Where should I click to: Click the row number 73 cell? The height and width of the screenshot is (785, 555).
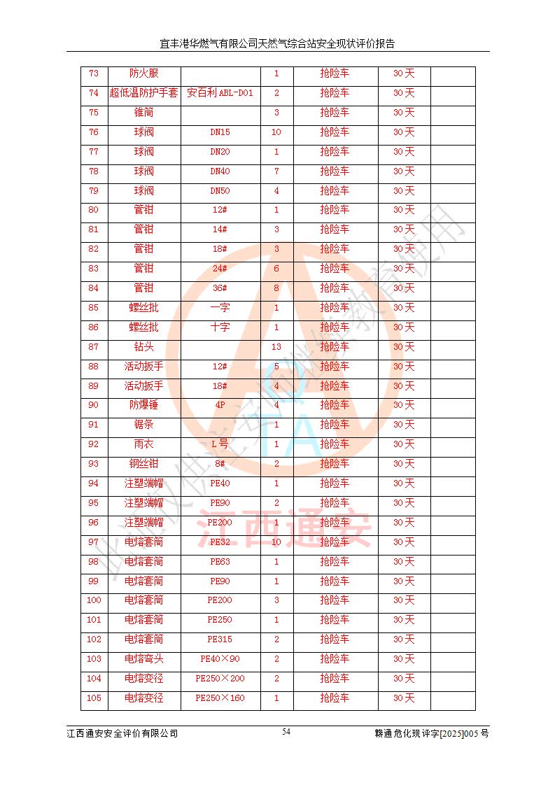tap(94, 73)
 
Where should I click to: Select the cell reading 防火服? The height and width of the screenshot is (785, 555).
tap(143, 73)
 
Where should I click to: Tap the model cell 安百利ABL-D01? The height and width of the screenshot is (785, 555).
tap(220, 93)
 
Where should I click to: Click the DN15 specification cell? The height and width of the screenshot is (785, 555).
tap(220, 132)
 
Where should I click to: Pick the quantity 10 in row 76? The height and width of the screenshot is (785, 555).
tap(276, 132)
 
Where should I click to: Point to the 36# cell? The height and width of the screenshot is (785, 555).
tap(220, 288)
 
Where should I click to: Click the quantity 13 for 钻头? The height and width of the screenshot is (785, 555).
tap(276, 347)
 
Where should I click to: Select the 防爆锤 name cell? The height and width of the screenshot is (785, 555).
tap(143, 405)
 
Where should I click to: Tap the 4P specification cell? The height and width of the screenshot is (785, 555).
tap(220, 405)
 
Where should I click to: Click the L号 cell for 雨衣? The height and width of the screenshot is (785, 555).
tap(220, 444)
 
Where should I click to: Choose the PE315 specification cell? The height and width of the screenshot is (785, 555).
tap(220, 639)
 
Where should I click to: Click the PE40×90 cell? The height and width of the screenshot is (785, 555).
tap(220, 659)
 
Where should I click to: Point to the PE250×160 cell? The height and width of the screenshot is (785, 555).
tap(220, 698)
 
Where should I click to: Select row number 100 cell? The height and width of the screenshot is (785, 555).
tap(94, 600)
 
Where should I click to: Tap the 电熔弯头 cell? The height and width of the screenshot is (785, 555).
tap(143, 659)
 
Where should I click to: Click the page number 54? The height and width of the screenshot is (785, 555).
tap(287, 732)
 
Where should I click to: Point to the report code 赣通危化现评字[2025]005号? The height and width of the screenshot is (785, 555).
tap(431, 733)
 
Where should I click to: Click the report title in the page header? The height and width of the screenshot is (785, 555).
tap(277, 43)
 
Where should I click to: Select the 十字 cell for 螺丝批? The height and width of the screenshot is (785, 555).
tap(220, 327)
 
